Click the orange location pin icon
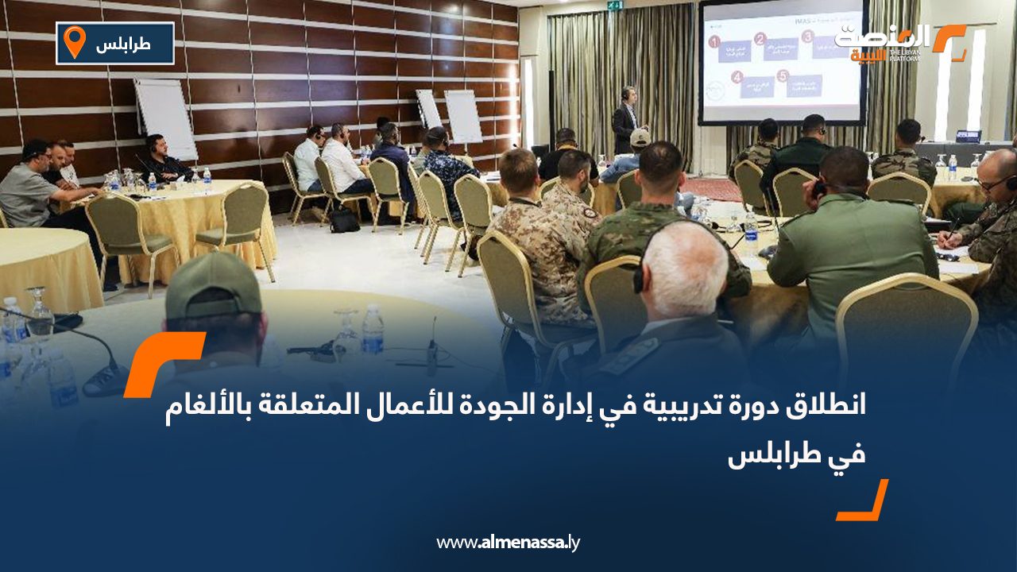tap(74, 41)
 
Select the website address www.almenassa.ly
tap(508, 543)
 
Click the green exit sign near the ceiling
tap(614, 6)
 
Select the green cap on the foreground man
tap(213, 284)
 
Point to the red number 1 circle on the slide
tap(715, 42)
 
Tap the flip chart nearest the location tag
tap(165, 117)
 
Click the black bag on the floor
tap(345, 219)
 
